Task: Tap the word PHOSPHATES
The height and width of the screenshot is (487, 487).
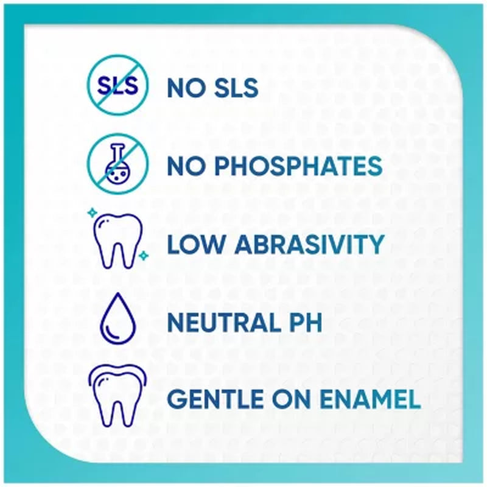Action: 301,166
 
